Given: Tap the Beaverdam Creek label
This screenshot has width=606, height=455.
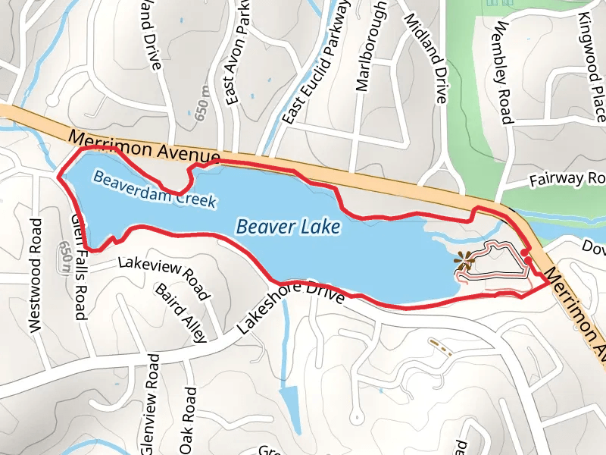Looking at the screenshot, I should pos(155,189).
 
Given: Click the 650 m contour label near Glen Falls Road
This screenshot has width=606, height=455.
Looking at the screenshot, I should pos(64,259).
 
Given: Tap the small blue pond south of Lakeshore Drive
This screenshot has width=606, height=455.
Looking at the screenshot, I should pos(289,406).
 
